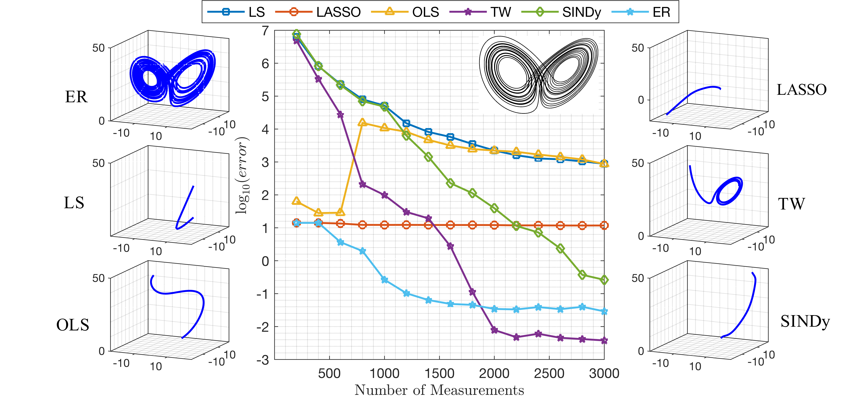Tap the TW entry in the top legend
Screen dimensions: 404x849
coord(500,12)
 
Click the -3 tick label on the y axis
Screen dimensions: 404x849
coord(263,360)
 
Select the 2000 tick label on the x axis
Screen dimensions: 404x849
coord(494,374)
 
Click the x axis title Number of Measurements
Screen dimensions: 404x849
coord(439,390)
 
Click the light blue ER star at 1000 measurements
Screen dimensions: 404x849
coord(384,280)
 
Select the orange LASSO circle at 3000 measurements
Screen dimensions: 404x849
coord(604,225)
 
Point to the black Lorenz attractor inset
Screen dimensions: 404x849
coord(539,75)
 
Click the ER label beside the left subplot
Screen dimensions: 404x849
coord(76,97)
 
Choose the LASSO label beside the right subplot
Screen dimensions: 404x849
coord(802,90)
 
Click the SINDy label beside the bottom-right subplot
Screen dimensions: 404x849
coord(805,322)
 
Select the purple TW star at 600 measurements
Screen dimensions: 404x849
coord(341,115)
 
